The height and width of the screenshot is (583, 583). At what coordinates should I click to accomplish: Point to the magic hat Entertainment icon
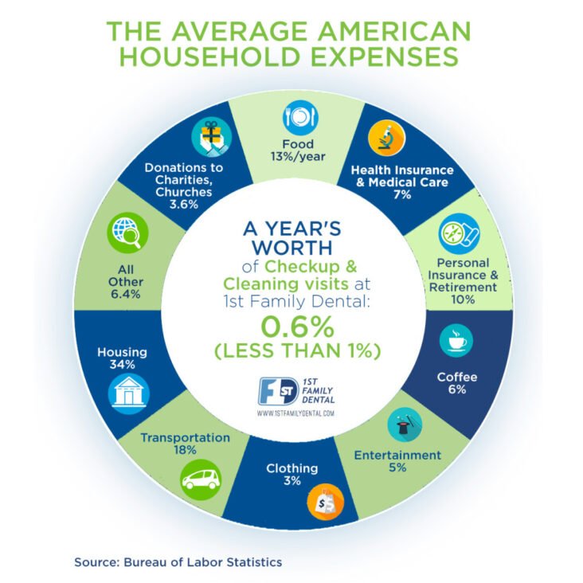(405, 426)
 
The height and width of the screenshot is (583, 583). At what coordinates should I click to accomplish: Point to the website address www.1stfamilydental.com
(295, 414)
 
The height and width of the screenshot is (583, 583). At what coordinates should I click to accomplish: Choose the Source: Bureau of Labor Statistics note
(178, 561)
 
